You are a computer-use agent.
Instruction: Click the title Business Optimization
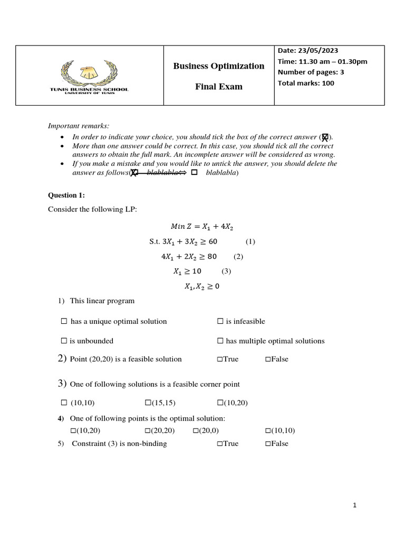[219, 66]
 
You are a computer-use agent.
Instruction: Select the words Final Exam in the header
[219, 87]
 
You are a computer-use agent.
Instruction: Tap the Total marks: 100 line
[306, 83]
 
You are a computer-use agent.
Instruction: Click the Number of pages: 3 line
[311, 72]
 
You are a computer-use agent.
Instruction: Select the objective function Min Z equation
[202, 227]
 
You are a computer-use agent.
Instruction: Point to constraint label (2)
[238, 257]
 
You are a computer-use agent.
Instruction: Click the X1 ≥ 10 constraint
[187, 272]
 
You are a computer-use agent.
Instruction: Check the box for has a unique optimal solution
[64, 321]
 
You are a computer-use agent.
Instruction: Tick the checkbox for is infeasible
[220, 321]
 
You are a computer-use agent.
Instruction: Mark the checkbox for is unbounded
[64, 341]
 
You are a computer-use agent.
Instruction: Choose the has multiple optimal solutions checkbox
[220, 341]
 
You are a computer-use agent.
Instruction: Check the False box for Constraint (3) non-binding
[268, 444]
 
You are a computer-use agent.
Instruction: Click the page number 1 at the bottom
[355, 506]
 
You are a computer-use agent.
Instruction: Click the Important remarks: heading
[78, 126]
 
